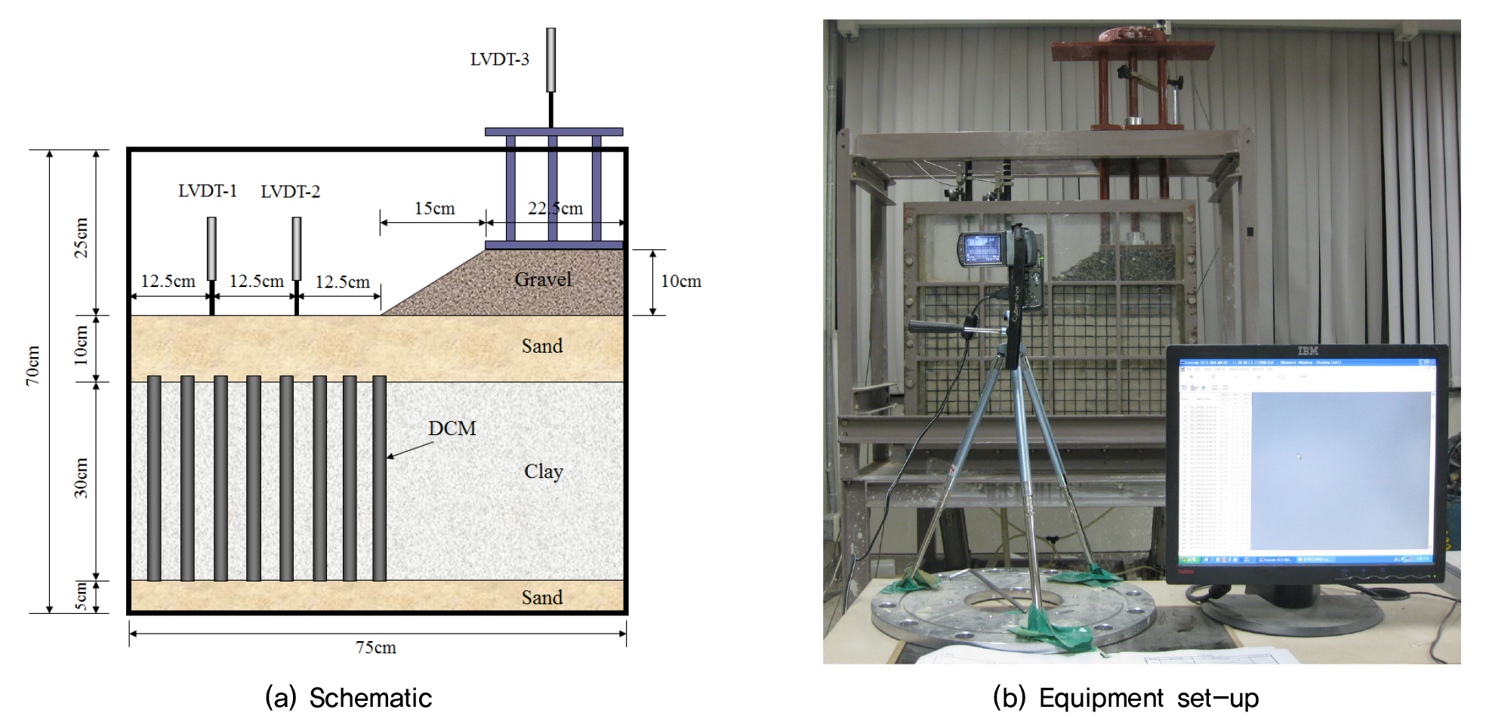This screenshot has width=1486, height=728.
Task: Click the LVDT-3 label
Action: click(x=499, y=60)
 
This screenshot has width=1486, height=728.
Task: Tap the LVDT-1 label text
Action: click(x=208, y=191)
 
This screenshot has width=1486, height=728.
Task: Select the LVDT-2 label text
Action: click(x=290, y=192)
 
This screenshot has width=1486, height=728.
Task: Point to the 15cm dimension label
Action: click(x=434, y=208)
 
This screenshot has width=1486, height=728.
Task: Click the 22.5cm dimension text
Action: click(x=555, y=208)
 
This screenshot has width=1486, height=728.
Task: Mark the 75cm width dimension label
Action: click(x=376, y=648)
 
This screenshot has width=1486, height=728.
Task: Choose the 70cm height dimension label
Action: click(x=33, y=366)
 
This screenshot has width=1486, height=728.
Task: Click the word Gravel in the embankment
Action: click(x=543, y=279)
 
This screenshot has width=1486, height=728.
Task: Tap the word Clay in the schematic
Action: click(x=544, y=471)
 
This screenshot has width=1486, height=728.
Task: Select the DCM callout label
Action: click(x=452, y=428)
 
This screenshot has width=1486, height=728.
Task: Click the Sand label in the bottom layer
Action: click(x=542, y=597)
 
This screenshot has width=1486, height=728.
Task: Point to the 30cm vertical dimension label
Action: click(x=81, y=478)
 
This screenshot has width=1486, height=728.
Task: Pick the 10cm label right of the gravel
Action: click(x=681, y=282)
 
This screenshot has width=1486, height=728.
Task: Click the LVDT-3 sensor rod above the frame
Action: click(x=551, y=60)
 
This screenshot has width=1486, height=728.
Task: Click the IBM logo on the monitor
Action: click(x=1308, y=351)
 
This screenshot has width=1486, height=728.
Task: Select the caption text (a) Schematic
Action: click(x=348, y=698)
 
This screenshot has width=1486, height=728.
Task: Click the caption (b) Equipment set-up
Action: click(x=1125, y=698)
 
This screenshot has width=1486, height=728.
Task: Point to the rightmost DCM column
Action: click(x=379, y=478)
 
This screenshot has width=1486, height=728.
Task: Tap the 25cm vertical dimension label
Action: click(x=81, y=238)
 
